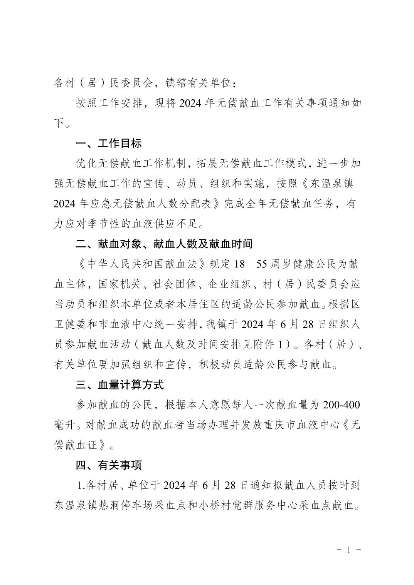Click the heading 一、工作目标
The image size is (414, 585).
click(x=109, y=144)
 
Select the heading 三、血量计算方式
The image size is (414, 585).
click(x=119, y=384)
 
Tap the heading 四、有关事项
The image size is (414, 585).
click(x=109, y=465)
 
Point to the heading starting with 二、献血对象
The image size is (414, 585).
click(x=164, y=244)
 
